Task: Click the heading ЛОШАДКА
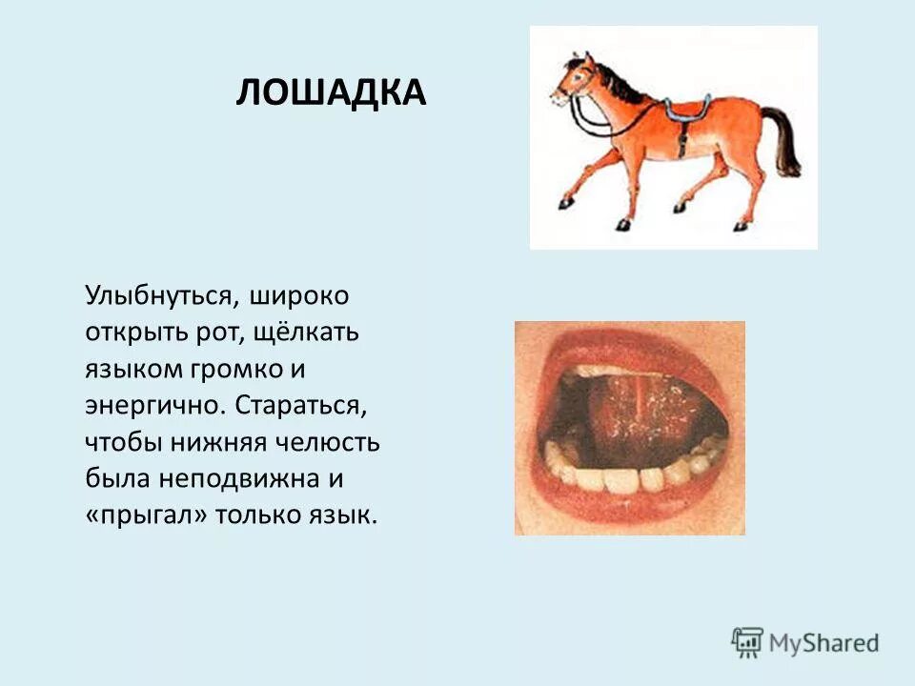pyautogui.click(x=330, y=93)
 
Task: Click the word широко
pyautogui.click(x=300, y=294)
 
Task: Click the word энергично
pyautogui.click(x=153, y=405)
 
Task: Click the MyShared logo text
pyautogui.click(x=824, y=643)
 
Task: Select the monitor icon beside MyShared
pyautogui.click(x=747, y=641)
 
